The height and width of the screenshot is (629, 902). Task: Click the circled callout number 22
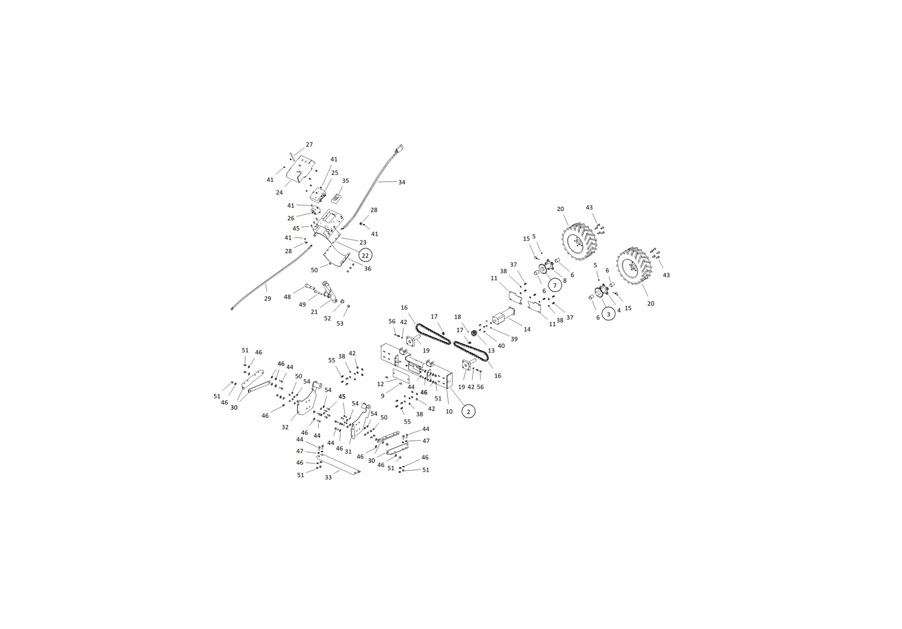pyautogui.click(x=365, y=255)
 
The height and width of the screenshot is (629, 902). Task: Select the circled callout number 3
pyautogui.click(x=608, y=314)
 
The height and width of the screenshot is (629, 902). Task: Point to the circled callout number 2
pyautogui.click(x=468, y=411)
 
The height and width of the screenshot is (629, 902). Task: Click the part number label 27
pyautogui.click(x=309, y=144)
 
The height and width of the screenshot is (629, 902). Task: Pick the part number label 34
pyautogui.click(x=402, y=182)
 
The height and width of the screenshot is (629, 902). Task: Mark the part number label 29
pyautogui.click(x=267, y=298)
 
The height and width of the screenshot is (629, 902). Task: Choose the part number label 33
pyautogui.click(x=328, y=477)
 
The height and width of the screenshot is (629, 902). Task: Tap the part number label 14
pyautogui.click(x=527, y=329)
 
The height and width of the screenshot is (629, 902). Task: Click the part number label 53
pyautogui.click(x=340, y=323)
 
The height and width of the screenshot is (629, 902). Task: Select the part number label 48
pyautogui.click(x=287, y=297)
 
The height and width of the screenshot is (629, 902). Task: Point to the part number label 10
pyautogui.click(x=449, y=411)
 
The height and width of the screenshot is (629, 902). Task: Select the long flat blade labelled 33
pyautogui.click(x=338, y=464)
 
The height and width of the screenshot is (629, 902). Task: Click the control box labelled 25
pyautogui.click(x=319, y=194)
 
